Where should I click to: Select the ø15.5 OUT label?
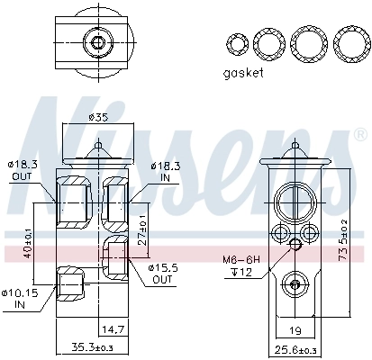point(163,273)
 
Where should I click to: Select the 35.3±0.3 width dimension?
point(93,346)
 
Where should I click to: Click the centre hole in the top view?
point(95,42)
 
